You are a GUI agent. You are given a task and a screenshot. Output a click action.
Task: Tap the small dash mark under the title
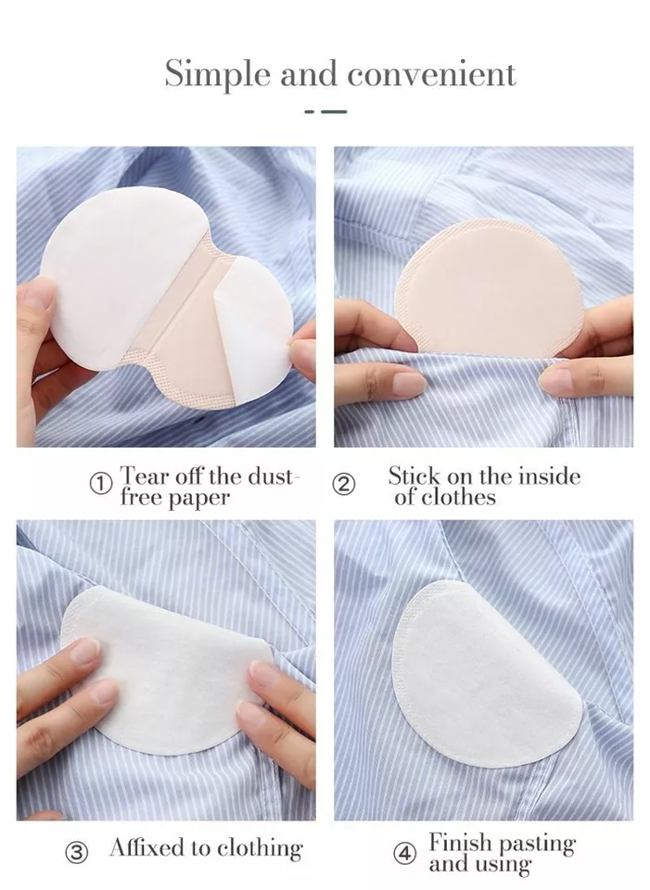(x=325, y=111)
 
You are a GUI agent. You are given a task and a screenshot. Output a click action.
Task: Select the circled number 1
(x=100, y=484)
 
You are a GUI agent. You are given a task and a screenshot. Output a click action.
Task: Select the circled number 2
(x=344, y=484)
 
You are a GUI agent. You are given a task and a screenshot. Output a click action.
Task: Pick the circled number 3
(x=77, y=851)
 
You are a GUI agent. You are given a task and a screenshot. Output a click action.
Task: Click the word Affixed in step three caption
(x=149, y=847)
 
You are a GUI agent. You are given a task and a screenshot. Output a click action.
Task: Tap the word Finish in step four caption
(x=461, y=844)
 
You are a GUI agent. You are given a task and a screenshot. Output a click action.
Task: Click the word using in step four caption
(x=505, y=867)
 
